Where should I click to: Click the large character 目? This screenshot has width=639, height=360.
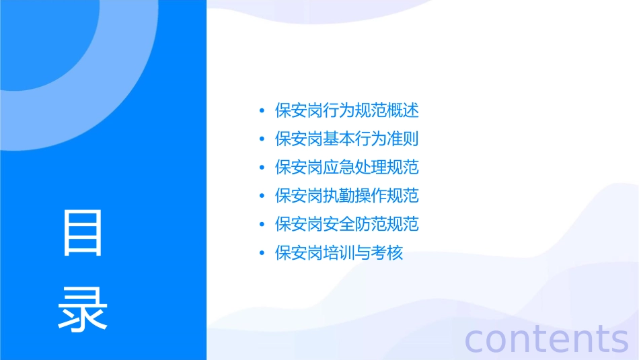83,233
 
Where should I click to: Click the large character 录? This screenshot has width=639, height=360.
83,309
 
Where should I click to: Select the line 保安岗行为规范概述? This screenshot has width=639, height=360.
347,110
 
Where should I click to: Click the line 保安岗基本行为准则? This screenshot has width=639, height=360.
347,139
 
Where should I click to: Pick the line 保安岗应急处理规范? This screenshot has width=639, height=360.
347,168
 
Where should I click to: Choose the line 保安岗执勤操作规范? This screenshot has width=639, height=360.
347,196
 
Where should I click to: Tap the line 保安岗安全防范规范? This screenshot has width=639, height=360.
347,224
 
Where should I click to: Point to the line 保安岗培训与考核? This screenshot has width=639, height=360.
339,253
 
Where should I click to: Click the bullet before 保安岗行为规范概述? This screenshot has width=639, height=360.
261,111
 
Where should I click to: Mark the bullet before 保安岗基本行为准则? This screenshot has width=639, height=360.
261,139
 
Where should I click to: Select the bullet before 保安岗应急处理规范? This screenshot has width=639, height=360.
261,168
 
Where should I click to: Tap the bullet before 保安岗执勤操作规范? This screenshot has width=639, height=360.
261,196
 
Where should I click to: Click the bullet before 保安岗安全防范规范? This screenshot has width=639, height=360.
261,225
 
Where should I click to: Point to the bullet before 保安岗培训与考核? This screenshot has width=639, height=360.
261,254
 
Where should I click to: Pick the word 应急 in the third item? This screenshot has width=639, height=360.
339,168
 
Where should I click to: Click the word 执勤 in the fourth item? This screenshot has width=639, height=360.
339,196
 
